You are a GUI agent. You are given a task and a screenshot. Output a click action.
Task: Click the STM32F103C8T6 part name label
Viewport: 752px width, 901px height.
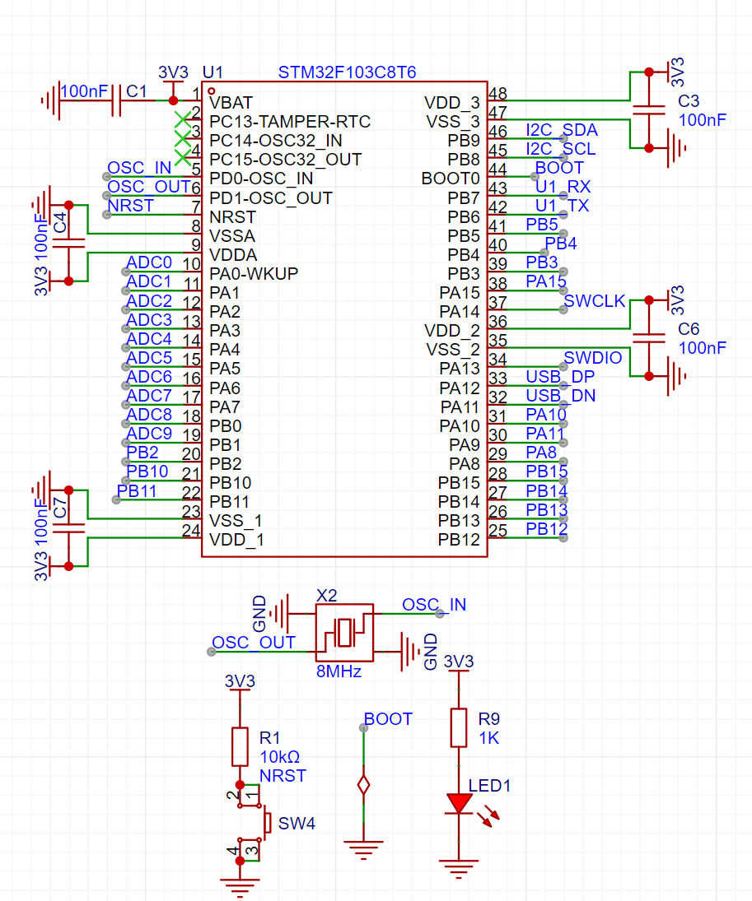[347, 72]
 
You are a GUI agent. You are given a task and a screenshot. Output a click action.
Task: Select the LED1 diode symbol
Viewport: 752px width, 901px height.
[458, 803]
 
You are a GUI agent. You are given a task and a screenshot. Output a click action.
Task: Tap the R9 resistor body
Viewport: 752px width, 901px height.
[458, 728]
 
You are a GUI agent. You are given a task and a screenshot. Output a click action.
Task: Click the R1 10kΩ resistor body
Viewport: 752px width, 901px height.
[240, 745]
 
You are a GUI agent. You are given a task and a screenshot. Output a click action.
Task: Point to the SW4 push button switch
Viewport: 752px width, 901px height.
[265, 823]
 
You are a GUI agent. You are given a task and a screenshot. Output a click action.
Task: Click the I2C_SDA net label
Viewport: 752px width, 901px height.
[561, 130]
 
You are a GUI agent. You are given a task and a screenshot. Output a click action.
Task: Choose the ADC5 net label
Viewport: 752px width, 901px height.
[149, 357]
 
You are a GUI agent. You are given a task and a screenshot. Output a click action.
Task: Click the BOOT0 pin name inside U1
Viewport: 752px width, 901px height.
[450, 178]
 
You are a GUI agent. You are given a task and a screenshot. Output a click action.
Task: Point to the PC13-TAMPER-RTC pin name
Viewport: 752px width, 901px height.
[289, 121]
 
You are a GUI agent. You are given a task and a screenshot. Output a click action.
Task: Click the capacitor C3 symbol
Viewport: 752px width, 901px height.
[649, 111]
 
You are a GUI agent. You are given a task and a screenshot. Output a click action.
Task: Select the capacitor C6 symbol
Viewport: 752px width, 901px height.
[649, 338]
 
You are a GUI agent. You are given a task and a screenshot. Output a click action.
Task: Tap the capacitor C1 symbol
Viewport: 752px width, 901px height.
[115, 100]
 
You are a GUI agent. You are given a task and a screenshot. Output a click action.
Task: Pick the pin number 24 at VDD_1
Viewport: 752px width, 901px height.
[191, 532]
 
